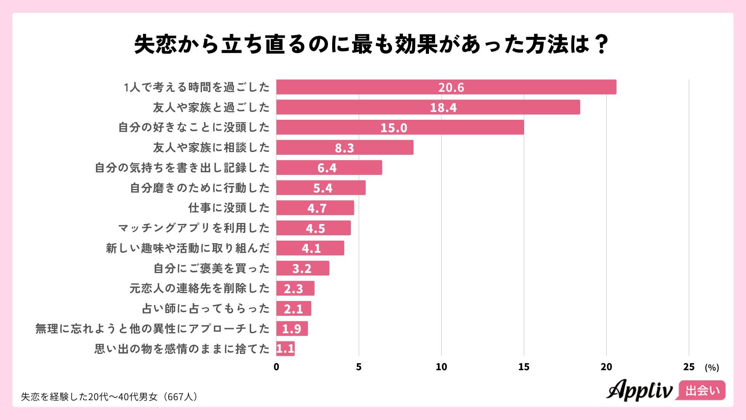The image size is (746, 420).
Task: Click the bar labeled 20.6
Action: pyautogui.click(x=446, y=87)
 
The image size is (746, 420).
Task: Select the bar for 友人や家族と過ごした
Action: pyautogui.click(x=428, y=107)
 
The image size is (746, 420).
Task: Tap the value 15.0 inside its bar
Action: pyautogui.click(x=394, y=128)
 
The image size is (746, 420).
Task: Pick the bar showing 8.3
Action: pyautogui.click(x=345, y=148)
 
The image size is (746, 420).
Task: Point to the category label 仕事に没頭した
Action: pyautogui.click(x=229, y=208)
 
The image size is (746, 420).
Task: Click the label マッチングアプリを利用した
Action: pyautogui.click(x=194, y=228)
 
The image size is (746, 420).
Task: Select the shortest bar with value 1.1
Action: pyautogui.click(x=285, y=349)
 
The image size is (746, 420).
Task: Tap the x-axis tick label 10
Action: pyautogui.click(x=441, y=367)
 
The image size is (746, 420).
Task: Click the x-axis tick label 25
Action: pyautogui.click(x=688, y=367)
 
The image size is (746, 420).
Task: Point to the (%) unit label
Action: pyautogui.click(x=712, y=368)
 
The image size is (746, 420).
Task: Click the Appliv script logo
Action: pyautogui.click(x=640, y=390)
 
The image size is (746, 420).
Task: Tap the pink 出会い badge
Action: pyautogui.click(x=702, y=390)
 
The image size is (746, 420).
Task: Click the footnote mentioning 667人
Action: pyautogui.click(x=110, y=397)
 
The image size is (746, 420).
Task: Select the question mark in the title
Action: pyautogui.click(x=601, y=44)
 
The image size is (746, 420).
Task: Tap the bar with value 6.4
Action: pyautogui.click(x=329, y=168)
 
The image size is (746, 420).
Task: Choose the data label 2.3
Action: pyautogui.click(x=293, y=289)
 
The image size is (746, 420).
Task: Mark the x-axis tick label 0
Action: pyautogui.click(x=276, y=367)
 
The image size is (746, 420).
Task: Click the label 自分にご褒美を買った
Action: pyautogui.click(x=211, y=268)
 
